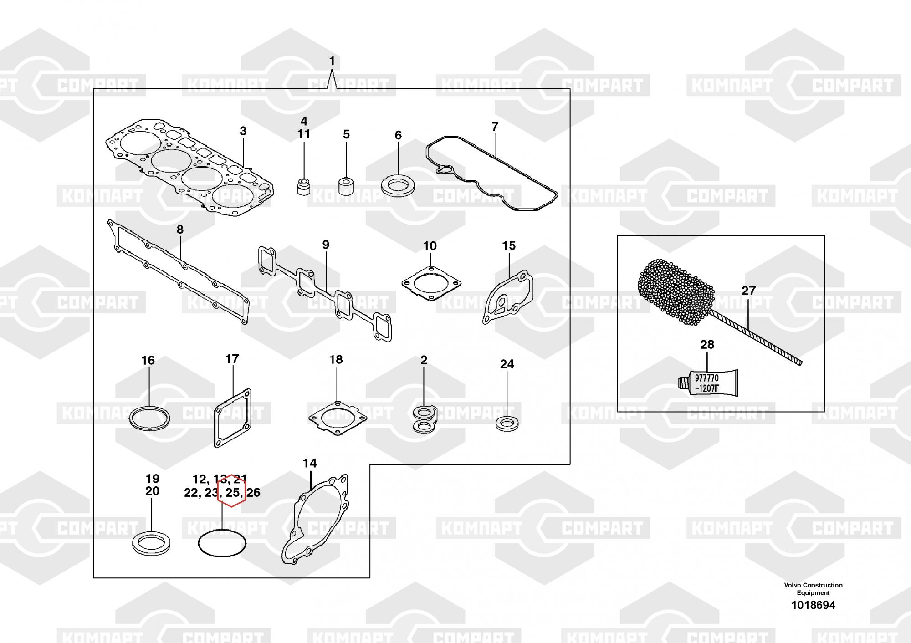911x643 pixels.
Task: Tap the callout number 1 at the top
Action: pyautogui.click(x=332, y=61)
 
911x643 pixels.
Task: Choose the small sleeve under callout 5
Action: pyautogui.click(x=346, y=186)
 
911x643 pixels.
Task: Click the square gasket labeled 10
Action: pyautogui.click(x=431, y=283)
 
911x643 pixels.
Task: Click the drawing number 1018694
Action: pyautogui.click(x=813, y=605)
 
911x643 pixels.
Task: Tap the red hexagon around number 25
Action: pyautogui.click(x=232, y=491)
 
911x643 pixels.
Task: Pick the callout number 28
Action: pyautogui.click(x=707, y=345)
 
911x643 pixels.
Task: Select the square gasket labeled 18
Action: pyautogui.click(x=337, y=418)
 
